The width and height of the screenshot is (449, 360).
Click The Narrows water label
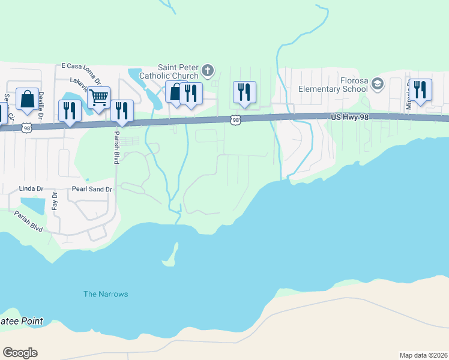click(106, 294)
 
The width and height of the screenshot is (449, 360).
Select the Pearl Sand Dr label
click(92, 190)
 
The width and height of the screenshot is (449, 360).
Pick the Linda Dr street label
click(32, 188)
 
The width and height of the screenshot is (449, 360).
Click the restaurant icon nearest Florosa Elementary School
click(420, 89)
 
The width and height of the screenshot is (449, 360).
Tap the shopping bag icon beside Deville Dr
click(27, 99)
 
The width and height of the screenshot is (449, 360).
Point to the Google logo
click(20, 353)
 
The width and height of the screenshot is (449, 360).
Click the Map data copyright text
click(423, 355)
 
